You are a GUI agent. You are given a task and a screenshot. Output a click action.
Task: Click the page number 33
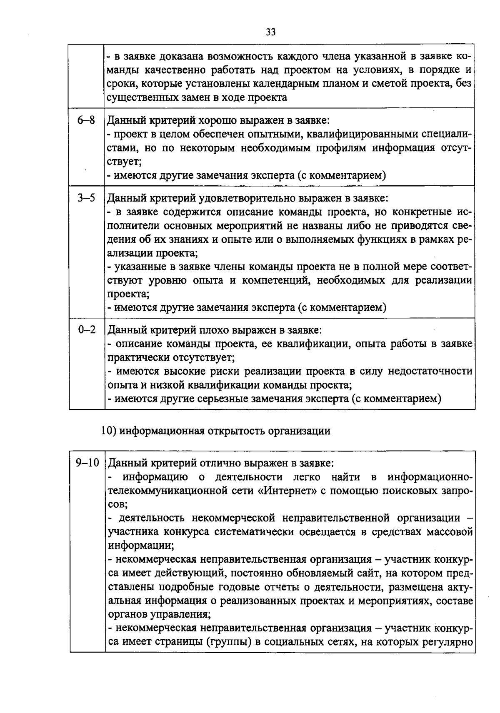pyautogui.click(x=270, y=32)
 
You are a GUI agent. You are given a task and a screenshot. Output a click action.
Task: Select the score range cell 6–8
pyautogui.click(x=86, y=120)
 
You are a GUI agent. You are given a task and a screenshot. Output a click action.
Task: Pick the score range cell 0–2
pyautogui.click(x=86, y=330)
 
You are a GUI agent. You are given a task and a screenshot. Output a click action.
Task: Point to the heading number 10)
pyautogui.click(x=109, y=430)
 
